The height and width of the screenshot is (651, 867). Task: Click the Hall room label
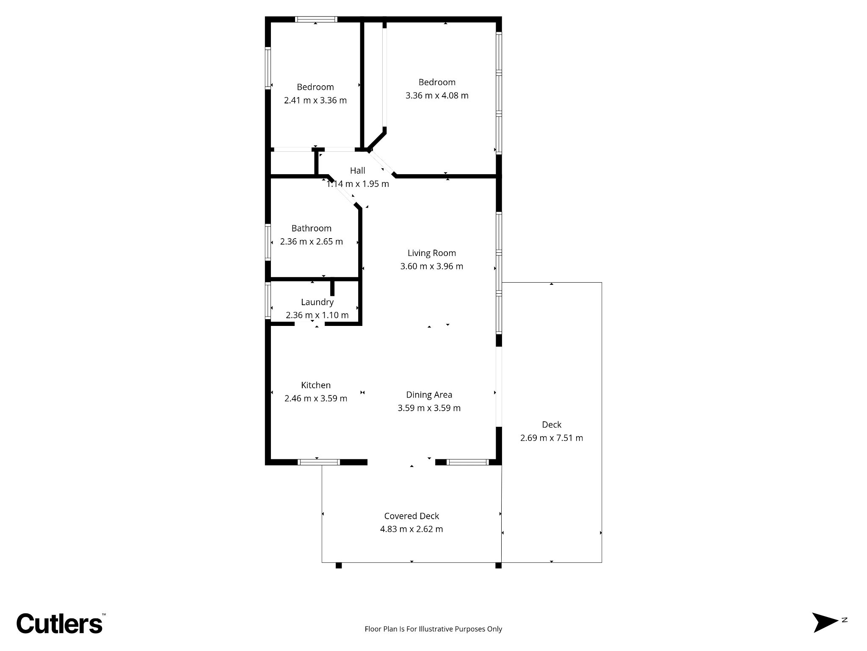point(358,171)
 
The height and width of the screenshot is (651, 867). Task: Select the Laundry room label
point(317,302)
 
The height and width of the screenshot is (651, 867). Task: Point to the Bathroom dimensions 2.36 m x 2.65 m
point(312,242)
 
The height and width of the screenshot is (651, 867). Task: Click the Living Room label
point(432,253)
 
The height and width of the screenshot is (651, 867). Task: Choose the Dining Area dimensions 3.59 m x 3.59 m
point(429,408)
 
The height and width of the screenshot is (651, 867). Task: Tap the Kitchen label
point(316,385)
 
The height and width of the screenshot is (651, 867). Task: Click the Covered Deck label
point(411,516)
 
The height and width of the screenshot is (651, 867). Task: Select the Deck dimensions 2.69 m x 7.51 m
point(552,438)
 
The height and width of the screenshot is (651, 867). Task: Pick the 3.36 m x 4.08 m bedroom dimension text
point(437,95)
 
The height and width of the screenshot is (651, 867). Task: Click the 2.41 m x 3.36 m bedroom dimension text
point(315,100)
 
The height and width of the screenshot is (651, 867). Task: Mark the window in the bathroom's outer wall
point(268,242)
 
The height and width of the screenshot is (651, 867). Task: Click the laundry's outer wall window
point(268,300)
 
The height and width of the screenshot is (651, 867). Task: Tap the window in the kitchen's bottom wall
point(319,462)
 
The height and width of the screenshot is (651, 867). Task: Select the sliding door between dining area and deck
point(499,387)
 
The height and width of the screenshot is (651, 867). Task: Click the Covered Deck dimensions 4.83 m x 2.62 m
point(411,529)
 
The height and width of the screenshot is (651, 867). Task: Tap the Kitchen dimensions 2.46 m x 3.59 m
point(316,399)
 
